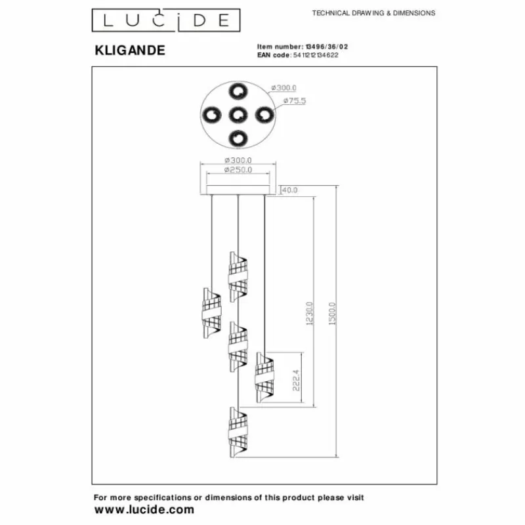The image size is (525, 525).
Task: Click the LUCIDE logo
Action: [166, 20]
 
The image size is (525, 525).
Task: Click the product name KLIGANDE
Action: [130, 51]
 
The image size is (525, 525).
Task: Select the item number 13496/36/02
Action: [325, 47]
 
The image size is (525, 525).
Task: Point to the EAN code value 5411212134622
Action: [316, 55]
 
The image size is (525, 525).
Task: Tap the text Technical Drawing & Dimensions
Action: [373, 13]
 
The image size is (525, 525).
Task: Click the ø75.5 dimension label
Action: [295, 100]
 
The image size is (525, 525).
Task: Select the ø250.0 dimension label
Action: [238, 170]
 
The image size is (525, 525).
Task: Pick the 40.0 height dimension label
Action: [290, 190]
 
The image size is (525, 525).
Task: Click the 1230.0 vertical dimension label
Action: [309, 314]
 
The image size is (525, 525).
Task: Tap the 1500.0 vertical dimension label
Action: [332, 314]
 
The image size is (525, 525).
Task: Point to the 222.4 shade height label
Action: [296, 381]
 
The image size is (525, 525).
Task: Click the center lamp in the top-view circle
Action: [238, 115]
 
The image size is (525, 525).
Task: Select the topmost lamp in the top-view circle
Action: [238, 91]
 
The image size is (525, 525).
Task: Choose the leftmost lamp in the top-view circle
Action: [212, 115]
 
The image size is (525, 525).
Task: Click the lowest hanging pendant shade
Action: [238, 432]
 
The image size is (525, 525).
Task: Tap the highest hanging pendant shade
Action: [238, 277]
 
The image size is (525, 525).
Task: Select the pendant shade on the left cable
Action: [212, 313]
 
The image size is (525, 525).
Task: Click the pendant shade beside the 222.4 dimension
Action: [264, 377]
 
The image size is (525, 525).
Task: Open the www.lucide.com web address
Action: [144, 510]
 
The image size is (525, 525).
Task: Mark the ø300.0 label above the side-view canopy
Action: [238, 160]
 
